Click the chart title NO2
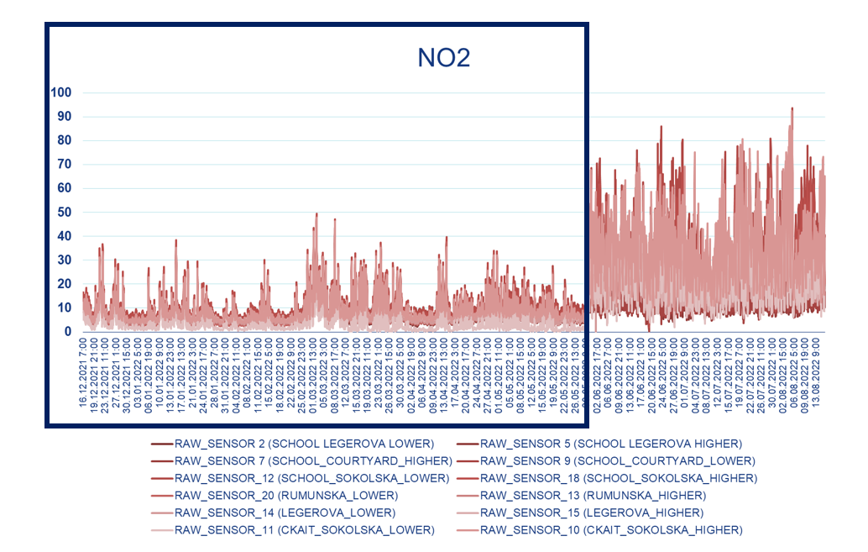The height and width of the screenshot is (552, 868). pyautogui.click(x=444, y=57)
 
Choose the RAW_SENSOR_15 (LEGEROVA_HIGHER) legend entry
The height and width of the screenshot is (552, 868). pyautogui.click(x=592, y=513)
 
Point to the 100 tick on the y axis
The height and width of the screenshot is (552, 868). pyautogui.click(x=61, y=92)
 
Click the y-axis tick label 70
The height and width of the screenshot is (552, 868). pyautogui.click(x=65, y=164)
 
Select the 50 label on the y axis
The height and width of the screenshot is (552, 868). pyautogui.click(x=65, y=212)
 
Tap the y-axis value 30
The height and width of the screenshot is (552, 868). pyautogui.click(x=65, y=260)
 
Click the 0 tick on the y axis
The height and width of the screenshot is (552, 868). pyautogui.click(x=68, y=332)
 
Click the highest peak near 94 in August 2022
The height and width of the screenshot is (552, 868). pyautogui.click(x=792, y=108)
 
